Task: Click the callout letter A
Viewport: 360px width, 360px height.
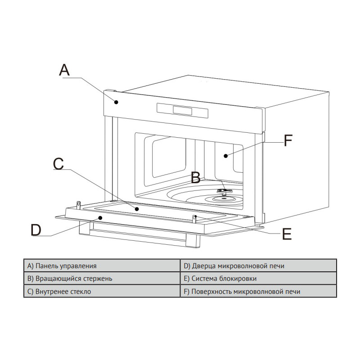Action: tap(64, 70)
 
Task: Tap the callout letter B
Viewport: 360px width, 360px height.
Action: tap(196, 177)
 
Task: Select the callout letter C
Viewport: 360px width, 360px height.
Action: tap(58, 164)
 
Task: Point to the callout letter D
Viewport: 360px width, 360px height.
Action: tap(36, 230)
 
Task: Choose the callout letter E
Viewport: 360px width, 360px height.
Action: tap(287, 234)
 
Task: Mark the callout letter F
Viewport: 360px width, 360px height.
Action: tap(288, 140)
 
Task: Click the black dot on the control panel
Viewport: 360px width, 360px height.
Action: tap(117, 102)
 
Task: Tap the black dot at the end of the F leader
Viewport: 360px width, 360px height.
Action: tap(226, 156)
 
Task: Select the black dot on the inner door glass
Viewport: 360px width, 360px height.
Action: tap(137, 209)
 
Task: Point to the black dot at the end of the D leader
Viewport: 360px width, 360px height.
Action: tap(100, 217)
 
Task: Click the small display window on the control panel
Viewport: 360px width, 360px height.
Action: tap(182, 110)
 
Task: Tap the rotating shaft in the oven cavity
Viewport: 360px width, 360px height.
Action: tap(223, 192)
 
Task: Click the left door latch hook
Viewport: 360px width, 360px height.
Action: tap(79, 205)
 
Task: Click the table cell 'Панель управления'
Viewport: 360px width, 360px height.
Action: tap(102, 265)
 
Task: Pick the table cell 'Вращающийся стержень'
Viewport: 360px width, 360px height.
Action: tap(102, 278)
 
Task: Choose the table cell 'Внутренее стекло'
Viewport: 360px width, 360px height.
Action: tap(102, 291)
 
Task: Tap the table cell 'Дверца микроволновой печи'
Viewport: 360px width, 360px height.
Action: tap(258, 265)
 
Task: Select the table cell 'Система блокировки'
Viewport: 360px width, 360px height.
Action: tap(258, 278)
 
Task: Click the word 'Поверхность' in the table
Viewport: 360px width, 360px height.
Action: tap(211, 292)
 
